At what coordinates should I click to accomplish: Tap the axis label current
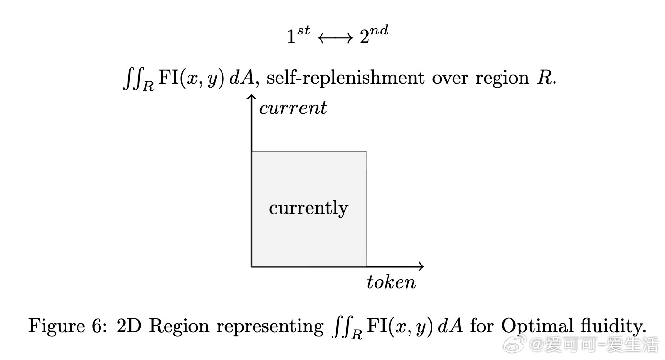coord(293,109)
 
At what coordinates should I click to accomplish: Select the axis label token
coord(391,282)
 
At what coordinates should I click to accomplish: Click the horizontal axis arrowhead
coord(421,266)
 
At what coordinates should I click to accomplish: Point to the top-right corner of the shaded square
coord(366,152)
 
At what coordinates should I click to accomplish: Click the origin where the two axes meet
coord(252,266)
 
